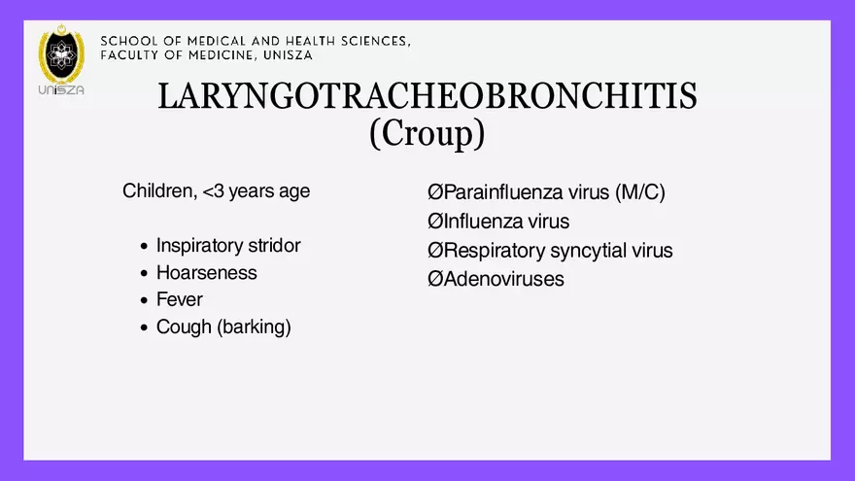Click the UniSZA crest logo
(x=61, y=59)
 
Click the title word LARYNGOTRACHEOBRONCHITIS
(x=427, y=96)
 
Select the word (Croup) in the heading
(x=427, y=133)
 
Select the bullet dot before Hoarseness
(x=144, y=274)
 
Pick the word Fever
(x=180, y=299)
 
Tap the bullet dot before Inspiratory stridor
(x=144, y=247)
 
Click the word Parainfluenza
(x=501, y=192)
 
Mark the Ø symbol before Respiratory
(x=435, y=251)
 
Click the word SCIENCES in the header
(x=371, y=42)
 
